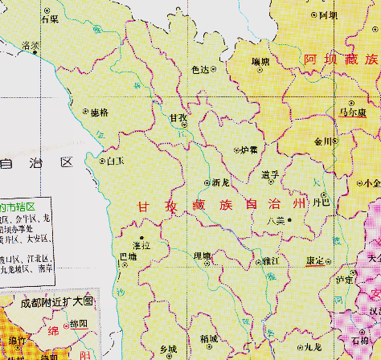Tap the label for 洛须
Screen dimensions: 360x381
tap(32, 45)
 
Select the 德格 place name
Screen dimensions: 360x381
tap(100, 112)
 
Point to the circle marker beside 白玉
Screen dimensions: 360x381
tap(102, 161)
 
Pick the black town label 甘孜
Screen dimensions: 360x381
tap(178, 117)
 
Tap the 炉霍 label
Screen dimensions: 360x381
tap(249, 149)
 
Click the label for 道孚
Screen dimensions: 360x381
tap(271, 174)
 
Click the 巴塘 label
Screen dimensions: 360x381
tap(128, 256)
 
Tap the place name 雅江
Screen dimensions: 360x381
tap(269, 261)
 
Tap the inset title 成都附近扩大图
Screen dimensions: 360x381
tap(58, 304)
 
